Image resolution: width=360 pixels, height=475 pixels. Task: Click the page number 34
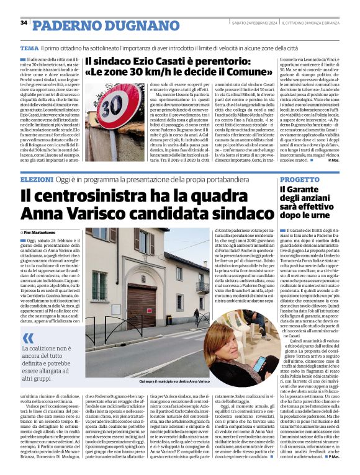point(24,23)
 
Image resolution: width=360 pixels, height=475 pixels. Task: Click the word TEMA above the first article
point(29,48)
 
